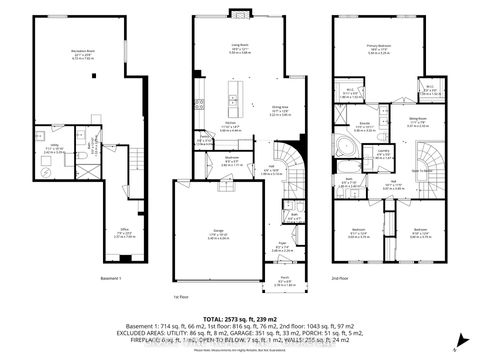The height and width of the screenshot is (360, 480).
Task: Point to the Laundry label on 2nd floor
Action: [x=384, y=153]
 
